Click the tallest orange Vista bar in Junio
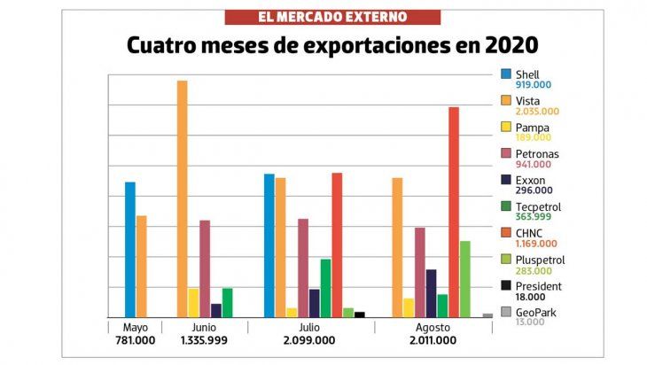pyautogui.click(x=182, y=198)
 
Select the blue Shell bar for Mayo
pyautogui.click(x=130, y=249)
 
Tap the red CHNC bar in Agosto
pyautogui.click(x=453, y=212)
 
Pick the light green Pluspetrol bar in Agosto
pyautogui.click(x=464, y=279)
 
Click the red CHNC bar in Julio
pyautogui.click(x=337, y=245)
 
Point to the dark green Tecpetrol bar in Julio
pyautogui.click(x=325, y=288)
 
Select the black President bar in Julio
pyautogui.click(x=360, y=315)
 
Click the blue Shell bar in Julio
pyautogui.click(x=269, y=245)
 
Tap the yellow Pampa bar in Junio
pyautogui.click(x=193, y=302)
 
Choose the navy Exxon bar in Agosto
pyautogui.click(x=431, y=293)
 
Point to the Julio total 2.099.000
pyautogui.click(x=310, y=340)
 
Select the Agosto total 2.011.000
pyautogui.click(x=433, y=340)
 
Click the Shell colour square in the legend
pyautogui.click(x=506, y=74)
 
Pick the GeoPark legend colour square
pyautogui.click(x=506, y=312)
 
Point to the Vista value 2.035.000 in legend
pyautogui.click(x=537, y=111)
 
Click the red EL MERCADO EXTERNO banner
pyautogui.click(x=332, y=17)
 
